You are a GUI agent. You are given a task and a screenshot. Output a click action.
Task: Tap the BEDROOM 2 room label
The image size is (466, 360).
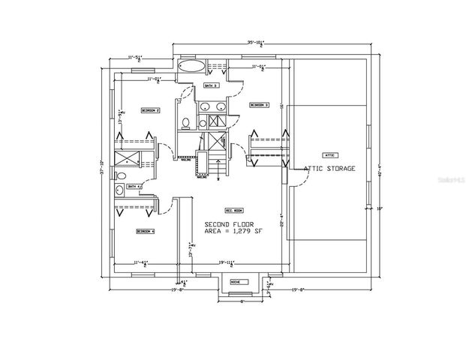pos(151,110)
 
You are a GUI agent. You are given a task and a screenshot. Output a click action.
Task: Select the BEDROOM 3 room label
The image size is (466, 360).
pos(259,105)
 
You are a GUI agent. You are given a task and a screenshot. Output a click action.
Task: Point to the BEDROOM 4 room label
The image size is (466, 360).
pos(146,232)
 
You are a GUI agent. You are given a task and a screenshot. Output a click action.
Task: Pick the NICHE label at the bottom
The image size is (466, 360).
pos(235,283)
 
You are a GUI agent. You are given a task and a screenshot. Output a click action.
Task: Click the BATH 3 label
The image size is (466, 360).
pos(211,86)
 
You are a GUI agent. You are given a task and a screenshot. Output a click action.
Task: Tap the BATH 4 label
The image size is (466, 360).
pos(134,186)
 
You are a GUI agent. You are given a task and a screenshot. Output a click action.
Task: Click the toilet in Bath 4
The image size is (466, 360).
pos(121,176)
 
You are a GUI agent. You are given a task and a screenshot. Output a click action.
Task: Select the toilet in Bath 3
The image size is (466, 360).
pos(185,122)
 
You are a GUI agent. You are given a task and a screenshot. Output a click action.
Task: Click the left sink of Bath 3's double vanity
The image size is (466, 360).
pos(205,121)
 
